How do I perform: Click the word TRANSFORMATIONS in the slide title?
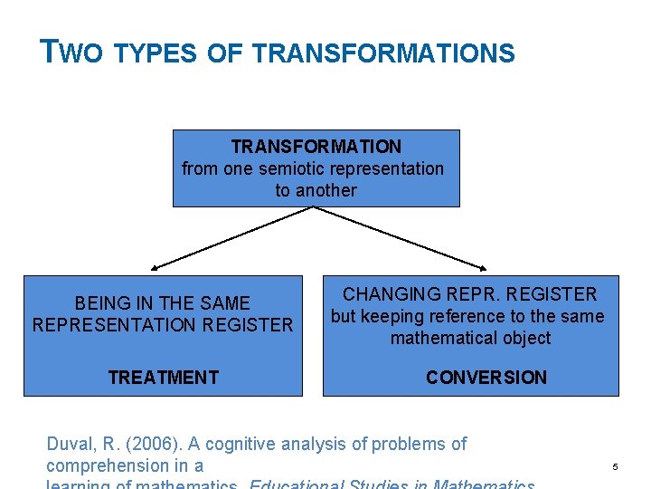383,54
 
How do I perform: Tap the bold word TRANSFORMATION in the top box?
316,147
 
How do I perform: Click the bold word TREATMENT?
163,378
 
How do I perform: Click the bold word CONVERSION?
486,378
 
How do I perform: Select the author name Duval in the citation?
70,444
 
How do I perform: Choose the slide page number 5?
614,467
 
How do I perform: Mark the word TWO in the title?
73,53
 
